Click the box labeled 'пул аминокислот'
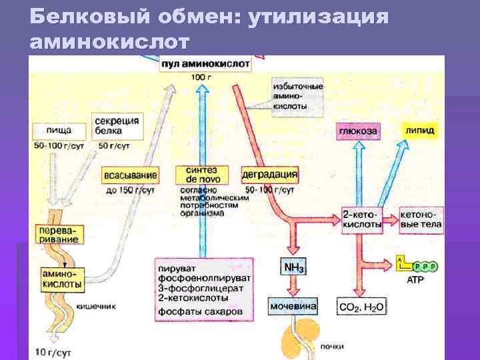point(205,64)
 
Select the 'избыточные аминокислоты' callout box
point(298,96)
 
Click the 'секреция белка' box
point(117,125)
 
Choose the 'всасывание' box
point(131,176)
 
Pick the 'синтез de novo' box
point(201,175)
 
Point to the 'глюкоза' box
point(357,131)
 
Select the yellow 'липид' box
point(419,131)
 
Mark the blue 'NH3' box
point(294,268)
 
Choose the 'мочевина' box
point(293,307)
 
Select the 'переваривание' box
point(59,233)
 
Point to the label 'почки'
point(331,347)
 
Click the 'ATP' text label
point(415,281)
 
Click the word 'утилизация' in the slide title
point(317,16)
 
